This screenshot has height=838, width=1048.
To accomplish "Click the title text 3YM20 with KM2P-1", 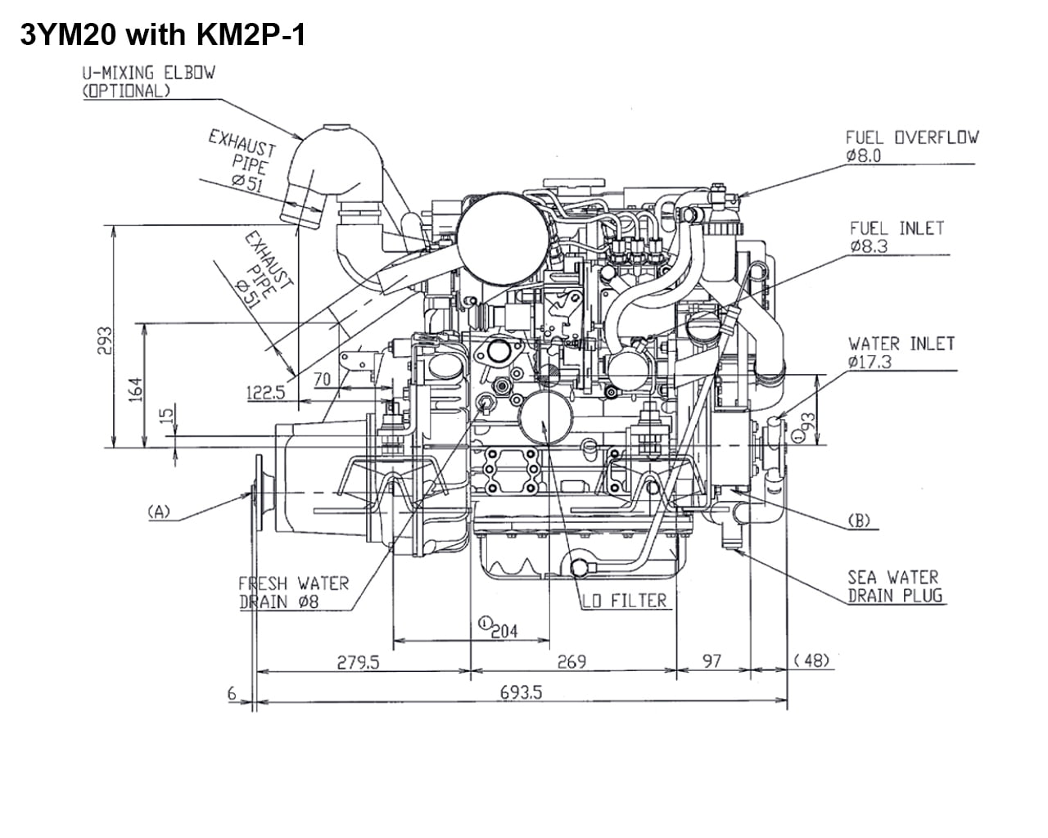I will point(162,35).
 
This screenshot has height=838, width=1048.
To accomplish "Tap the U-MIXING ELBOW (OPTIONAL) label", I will point(148,81).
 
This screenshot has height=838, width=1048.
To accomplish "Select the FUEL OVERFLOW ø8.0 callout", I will point(911,146).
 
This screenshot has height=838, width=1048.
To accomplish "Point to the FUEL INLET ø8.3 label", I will point(897,237).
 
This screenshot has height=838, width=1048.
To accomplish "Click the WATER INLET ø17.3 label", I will point(901,352).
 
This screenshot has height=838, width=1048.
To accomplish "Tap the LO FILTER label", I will point(625,601).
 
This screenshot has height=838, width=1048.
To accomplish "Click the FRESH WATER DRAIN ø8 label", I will point(293,593).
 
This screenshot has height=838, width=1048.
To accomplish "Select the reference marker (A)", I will point(158,512).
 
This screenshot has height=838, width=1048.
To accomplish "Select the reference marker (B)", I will point(859,520).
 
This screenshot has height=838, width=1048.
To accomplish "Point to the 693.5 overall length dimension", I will point(521,692).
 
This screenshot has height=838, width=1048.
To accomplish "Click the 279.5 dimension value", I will point(359,662).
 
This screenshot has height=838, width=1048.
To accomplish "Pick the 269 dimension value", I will point(571,661).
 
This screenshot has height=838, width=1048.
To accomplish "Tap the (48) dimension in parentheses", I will point(811,660).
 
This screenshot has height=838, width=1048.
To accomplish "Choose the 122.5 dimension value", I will point(266,393).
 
